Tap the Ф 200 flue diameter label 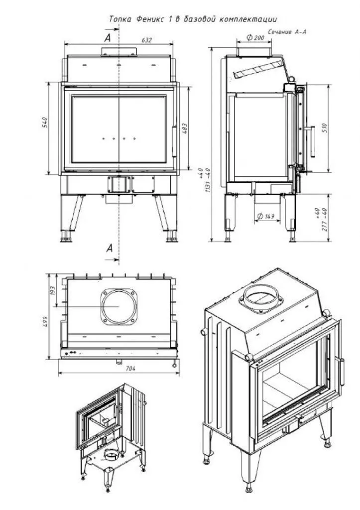point(255,38)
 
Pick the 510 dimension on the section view point(324,127)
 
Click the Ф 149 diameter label point(266,217)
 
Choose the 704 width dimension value point(118,369)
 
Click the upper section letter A point(108,37)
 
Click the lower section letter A point(110,248)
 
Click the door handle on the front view point(174,141)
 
